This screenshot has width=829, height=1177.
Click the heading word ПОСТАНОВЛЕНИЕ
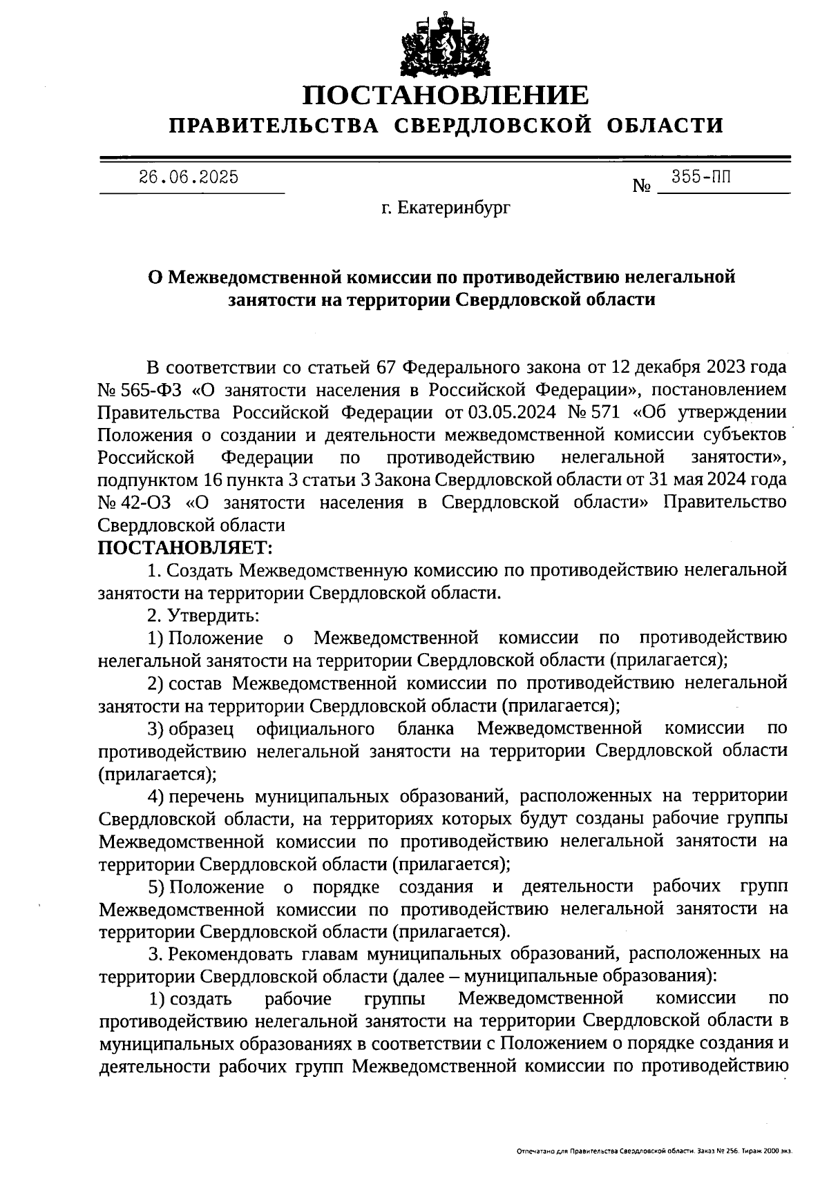(446, 95)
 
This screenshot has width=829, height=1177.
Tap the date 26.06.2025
(189, 177)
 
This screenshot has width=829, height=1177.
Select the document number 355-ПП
(701, 177)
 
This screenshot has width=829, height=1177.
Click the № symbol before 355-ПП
(642, 186)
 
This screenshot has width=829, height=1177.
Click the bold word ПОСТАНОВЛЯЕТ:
(186, 548)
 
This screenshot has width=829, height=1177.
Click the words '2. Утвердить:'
(204, 615)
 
